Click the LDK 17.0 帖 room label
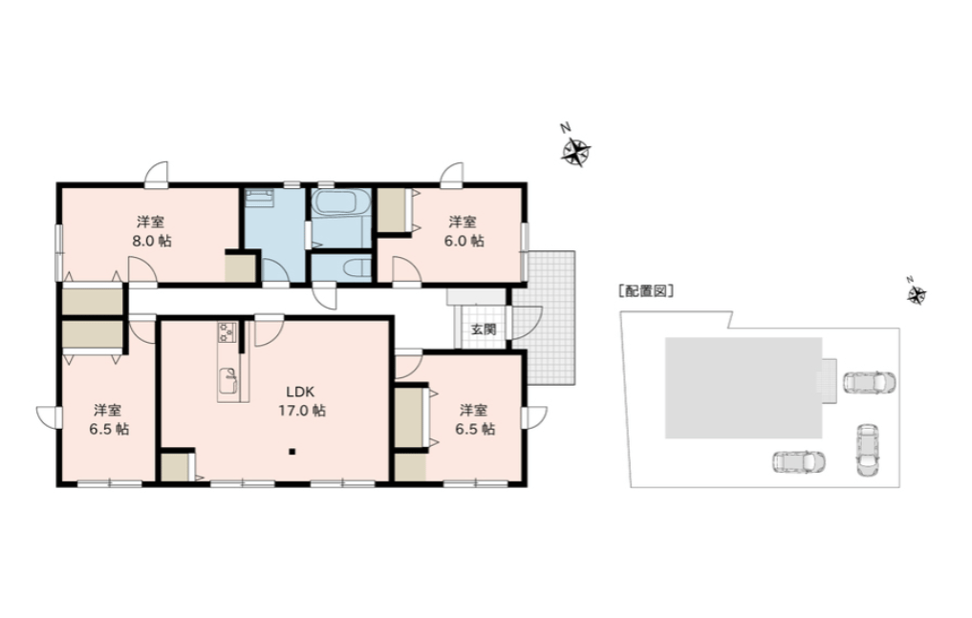pyautogui.click(x=301, y=400)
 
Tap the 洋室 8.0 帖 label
pyautogui.click(x=151, y=231)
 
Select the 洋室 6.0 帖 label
pyautogui.click(x=464, y=231)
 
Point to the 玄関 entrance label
pyautogui.click(x=484, y=329)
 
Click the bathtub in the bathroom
pyautogui.click(x=340, y=202)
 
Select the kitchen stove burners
pyautogui.click(x=227, y=331)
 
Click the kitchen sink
pyautogui.click(x=228, y=381)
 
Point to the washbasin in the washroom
pyautogui.click(x=259, y=198)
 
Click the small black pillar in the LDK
pyautogui.click(x=292, y=452)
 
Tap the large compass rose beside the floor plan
pyautogui.click(x=576, y=152)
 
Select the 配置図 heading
pyautogui.click(x=646, y=291)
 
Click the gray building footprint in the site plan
pyautogui.click(x=744, y=388)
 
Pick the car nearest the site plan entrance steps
pyautogui.click(x=869, y=382)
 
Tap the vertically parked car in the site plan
pyautogui.click(x=868, y=450)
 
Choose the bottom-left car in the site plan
pyautogui.click(x=799, y=462)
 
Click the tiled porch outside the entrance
pyautogui.click(x=548, y=317)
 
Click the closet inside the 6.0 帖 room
pyautogui.click(x=392, y=210)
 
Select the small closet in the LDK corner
pyautogui.click(x=176, y=467)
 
